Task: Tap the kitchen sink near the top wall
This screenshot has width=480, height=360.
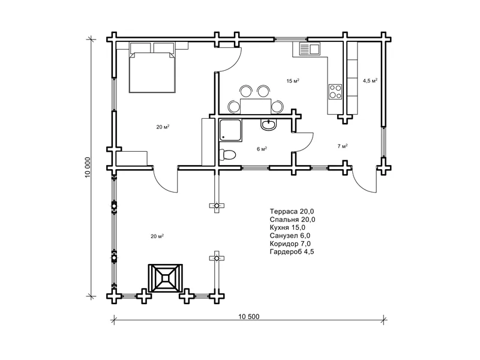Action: (309, 49)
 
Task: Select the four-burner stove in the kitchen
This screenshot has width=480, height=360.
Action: (335, 92)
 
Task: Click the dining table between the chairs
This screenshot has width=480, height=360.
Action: (256, 106)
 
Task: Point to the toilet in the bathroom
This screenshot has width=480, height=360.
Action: (227, 154)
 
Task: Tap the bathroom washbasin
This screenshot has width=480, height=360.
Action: (268, 125)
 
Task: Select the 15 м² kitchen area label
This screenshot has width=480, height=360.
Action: (293, 81)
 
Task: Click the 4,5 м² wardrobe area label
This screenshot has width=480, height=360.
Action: (370, 81)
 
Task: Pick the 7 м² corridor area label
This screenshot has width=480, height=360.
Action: (342, 146)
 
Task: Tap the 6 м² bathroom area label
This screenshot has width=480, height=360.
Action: (262, 149)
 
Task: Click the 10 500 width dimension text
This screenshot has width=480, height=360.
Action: (249, 317)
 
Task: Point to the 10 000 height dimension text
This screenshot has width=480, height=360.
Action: (88, 167)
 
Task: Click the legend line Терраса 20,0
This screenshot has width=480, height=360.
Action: (292, 211)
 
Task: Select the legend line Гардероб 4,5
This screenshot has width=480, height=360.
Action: (292, 251)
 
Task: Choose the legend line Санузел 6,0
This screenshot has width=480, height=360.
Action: (290, 235)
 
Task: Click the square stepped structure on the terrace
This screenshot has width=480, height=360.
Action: (166, 278)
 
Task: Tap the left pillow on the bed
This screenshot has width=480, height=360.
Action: (140, 47)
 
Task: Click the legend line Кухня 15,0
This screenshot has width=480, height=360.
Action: (287, 227)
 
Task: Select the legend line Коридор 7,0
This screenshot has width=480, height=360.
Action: (290, 244)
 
